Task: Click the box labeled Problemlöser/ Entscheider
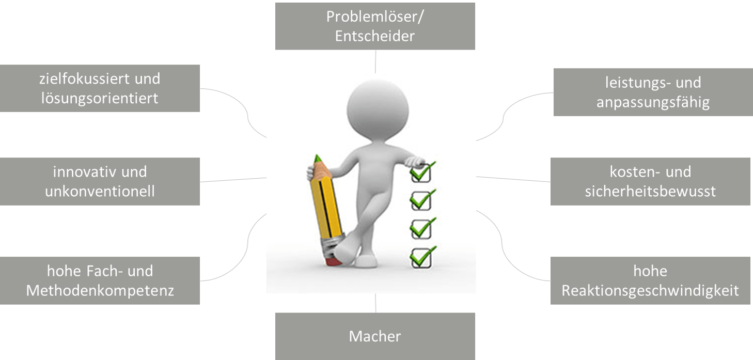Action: [x=375, y=26]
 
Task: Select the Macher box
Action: [x=375, y=336]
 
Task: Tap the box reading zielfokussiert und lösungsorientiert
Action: [x=100, y=88]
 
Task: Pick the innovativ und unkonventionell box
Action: [x=100, y=181]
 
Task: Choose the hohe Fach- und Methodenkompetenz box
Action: [x=100, y=280]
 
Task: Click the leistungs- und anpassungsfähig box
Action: [x=653, y=92]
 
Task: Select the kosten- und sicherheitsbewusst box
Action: [x=650, y=181]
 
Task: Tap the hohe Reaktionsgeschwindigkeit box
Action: [x=650, y=280]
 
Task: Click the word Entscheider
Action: [x=375, y=37]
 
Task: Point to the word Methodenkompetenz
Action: [x=100, y=290]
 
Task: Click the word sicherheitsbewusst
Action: [x=650, y=192]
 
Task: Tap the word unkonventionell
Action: [x=100, y=192]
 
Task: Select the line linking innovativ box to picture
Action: [x=233, y=179]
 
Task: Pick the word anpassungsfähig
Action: [x=653, y=102]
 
